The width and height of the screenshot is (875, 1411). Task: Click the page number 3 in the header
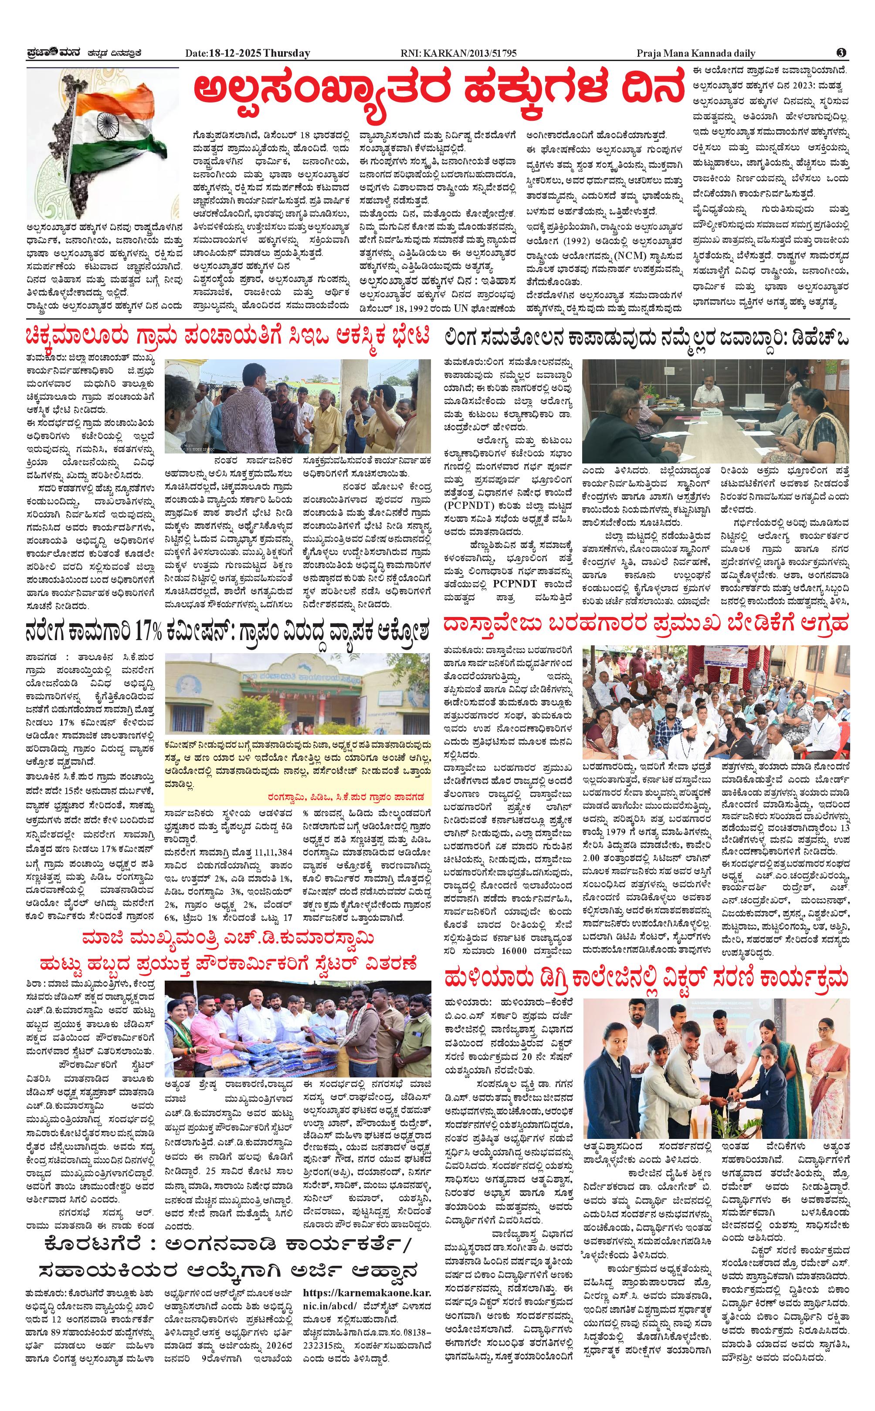(841, 53)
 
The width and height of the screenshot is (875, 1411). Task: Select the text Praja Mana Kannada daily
(695, 53)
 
